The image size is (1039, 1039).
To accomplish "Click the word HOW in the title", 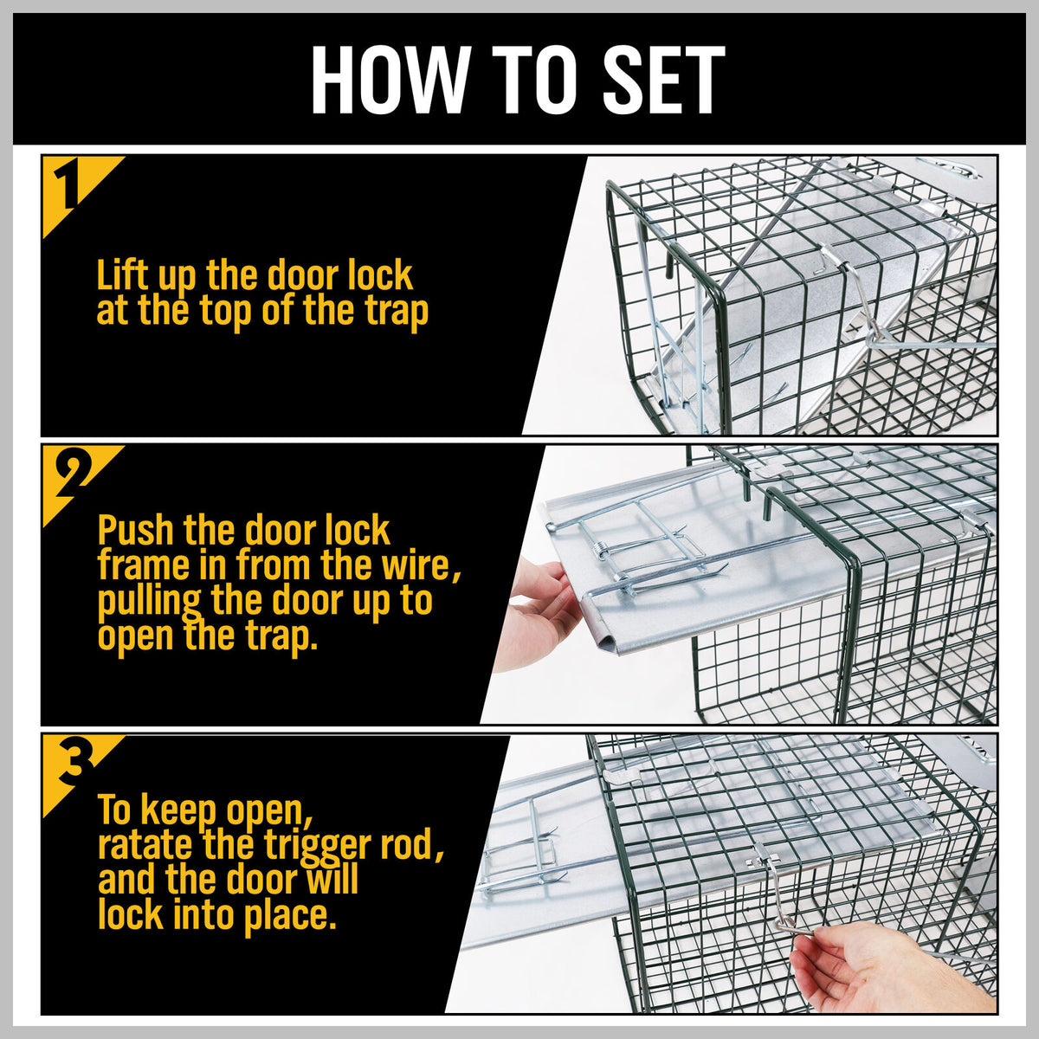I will (387, 79).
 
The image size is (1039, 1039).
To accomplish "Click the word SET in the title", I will (662, 79).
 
